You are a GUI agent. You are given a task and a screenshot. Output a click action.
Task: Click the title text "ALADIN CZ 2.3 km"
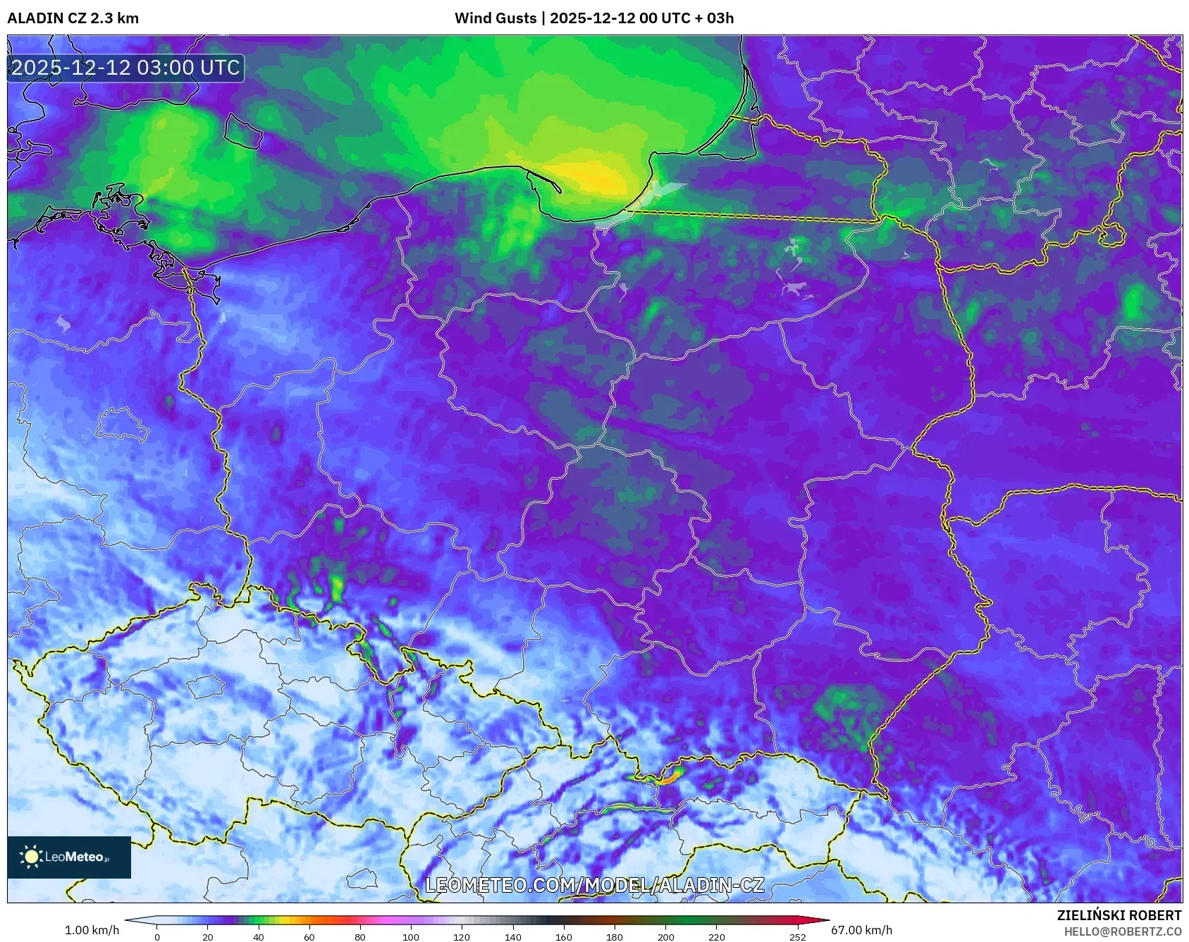pyautogui.click(x=73, y=18)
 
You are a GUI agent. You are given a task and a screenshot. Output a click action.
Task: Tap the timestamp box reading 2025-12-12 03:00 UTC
pyautogui.click(x=125, y=68)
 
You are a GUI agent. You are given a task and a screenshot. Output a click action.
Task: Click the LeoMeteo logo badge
pyautogui.click(x=69, y=857)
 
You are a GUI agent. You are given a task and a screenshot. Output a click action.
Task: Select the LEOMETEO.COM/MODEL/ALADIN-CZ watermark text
pyautogui.click(x=594, y=885)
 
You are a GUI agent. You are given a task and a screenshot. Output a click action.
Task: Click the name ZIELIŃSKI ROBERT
pyautogui.click(x=1119, y=915)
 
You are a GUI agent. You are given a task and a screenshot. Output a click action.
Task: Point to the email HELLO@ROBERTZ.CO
pyautogui.click(x=1122, y=931)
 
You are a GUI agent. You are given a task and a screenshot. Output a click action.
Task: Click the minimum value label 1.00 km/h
pyautogui.click(x=92, y=930)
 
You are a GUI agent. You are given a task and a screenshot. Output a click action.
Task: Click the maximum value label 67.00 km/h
pyautogui.click(x=861, y=930)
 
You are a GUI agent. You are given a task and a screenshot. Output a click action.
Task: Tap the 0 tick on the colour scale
pyautogui.click(x=157, y=936)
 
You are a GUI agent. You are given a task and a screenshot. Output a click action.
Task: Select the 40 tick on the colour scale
pyautogui.click(x=259, y=936)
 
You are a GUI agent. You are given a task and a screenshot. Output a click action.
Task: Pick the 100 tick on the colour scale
pyautogui.click(x=411, y=936)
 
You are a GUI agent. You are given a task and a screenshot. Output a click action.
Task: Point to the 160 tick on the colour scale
pyautogui.click(x=564, y=936)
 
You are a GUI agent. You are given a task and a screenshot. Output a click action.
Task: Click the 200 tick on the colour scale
pyautogui.click(x=665, y=936)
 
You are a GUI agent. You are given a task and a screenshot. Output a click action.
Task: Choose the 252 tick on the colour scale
pyautogui.click(x=797, y=936)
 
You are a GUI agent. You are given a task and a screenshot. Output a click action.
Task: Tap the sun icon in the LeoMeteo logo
pyautogui.click(x=32, y=857)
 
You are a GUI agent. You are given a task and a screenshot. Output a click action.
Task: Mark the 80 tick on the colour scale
pyautogui.click(x=360, y=936)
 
